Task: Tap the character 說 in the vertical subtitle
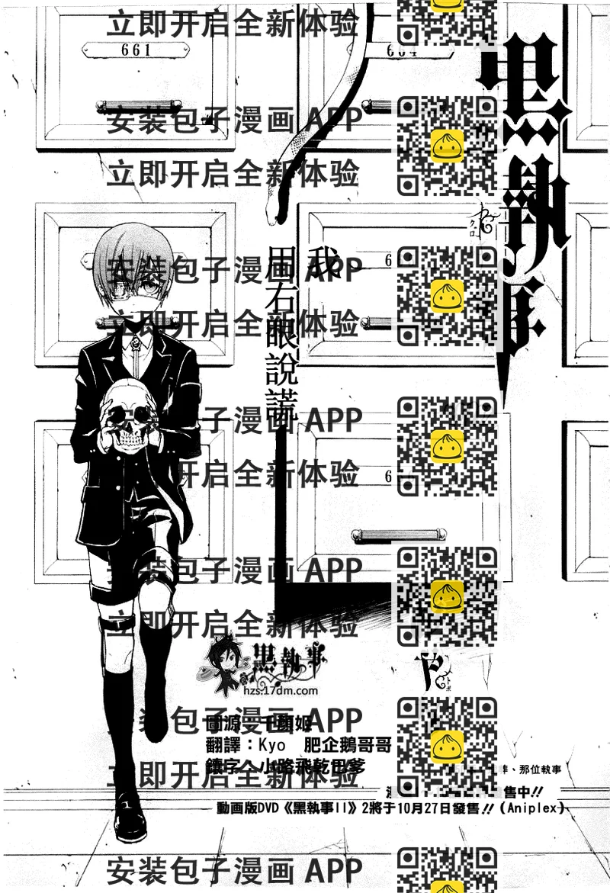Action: (281, 371)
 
